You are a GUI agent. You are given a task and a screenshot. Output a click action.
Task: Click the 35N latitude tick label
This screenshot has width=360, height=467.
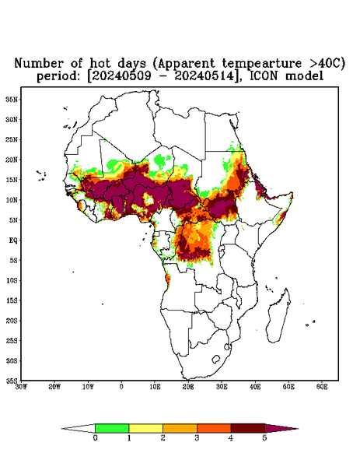pos(12,100)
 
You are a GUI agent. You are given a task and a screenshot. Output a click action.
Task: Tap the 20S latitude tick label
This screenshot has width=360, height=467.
pos(12,321)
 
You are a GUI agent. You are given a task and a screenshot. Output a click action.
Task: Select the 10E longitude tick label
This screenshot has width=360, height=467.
pos(155,387)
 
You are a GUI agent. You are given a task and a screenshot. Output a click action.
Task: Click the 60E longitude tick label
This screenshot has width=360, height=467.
pos(322,387)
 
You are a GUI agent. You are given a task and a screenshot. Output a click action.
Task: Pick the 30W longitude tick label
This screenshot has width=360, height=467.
pos(21,387)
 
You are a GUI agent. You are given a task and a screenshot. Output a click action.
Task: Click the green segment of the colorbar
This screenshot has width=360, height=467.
pos(112,428)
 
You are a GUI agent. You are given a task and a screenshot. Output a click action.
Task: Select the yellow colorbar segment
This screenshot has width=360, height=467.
pos(145,428)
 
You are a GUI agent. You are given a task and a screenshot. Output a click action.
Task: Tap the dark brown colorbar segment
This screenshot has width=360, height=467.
pos(248,428)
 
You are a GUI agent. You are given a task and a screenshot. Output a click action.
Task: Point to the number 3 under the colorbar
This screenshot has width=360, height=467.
pos(197,438)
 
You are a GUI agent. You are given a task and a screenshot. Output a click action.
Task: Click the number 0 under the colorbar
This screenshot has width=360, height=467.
pos(95,438)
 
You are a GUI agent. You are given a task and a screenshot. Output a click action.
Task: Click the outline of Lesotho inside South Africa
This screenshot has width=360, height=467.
pos(215,359)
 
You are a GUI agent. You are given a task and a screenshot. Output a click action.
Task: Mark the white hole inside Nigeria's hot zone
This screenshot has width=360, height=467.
pos(149,199)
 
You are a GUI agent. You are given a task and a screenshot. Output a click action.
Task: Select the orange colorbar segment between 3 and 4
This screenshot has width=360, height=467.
pos(214,428)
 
